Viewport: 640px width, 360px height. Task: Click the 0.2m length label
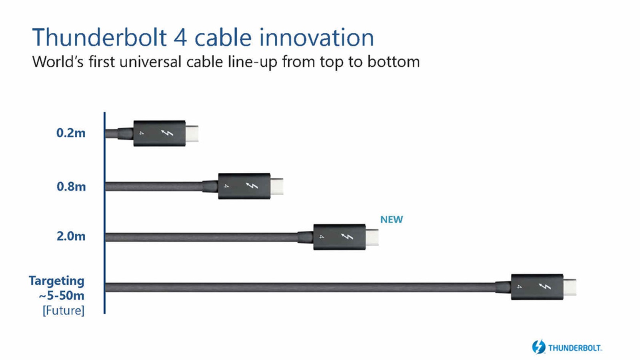click(x=71, y=133)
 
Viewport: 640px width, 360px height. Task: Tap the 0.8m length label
click(x=71, y=186)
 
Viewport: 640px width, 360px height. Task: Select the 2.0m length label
click(x=71, y=236)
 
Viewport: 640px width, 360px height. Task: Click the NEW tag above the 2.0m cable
click(x=392, y=220)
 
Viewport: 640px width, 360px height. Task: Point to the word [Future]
click(x=64, y=310)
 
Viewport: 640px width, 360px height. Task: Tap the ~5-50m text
click(x=62, y=296)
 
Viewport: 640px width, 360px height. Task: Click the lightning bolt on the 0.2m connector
click(x=167, y=133)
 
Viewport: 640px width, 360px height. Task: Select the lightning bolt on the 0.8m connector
click(x=252, y=186)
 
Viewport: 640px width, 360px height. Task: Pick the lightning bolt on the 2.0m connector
click(x=347, y=237)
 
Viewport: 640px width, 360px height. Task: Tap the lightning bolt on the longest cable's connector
click(x=545, y=286)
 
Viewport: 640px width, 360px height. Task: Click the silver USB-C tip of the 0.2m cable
click(x=192, y=134)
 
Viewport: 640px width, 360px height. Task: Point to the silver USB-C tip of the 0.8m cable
click(x=277, y=186)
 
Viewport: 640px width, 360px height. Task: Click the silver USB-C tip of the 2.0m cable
click(x=372, y=237)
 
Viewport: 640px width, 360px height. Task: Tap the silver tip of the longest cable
click(x=570, y=287)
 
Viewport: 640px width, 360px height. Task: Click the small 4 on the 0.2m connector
click(x=141, y=133)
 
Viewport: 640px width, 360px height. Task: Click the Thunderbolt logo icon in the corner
click(x=538, y=347)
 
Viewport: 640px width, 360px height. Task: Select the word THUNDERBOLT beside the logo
click(x=575, y=348)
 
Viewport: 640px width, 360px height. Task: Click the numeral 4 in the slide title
click(x=180, y=38)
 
